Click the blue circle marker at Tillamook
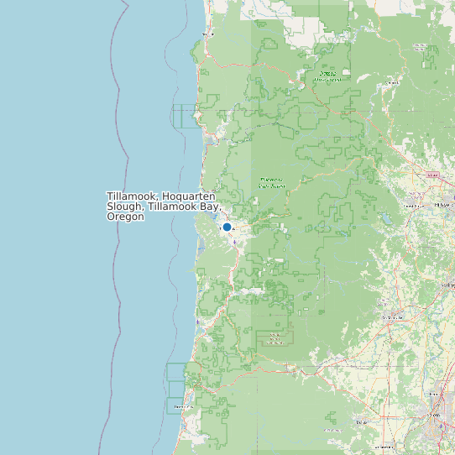227,227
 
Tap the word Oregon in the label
126,217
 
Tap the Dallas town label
363,423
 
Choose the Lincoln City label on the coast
178,408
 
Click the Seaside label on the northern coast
208,34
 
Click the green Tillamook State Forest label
272,181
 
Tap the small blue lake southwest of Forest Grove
385,223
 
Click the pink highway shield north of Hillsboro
434,175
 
